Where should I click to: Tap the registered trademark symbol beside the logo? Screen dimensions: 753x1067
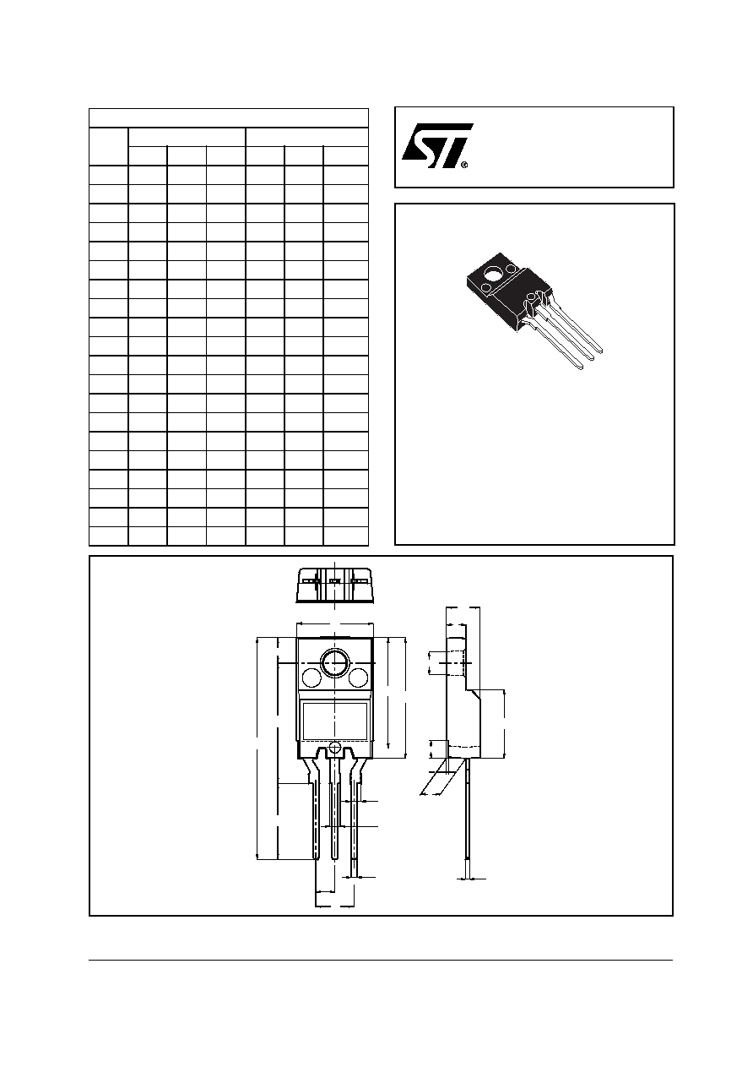coord(464,165)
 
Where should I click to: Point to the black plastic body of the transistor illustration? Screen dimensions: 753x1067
coord(509,290)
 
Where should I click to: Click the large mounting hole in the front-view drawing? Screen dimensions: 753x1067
coord(334,662)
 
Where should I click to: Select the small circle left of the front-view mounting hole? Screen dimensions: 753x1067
coord(311,678)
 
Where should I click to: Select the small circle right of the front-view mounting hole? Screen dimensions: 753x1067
coord(358,678)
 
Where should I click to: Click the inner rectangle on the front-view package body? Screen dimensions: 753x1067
coord(335,721)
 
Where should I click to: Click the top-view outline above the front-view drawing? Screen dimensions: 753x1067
coord(334,585)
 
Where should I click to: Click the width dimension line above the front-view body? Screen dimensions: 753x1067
coord(334,623)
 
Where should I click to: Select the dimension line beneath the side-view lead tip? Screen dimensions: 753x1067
coord(471,878)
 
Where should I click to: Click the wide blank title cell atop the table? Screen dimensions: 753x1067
coord(229,117)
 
